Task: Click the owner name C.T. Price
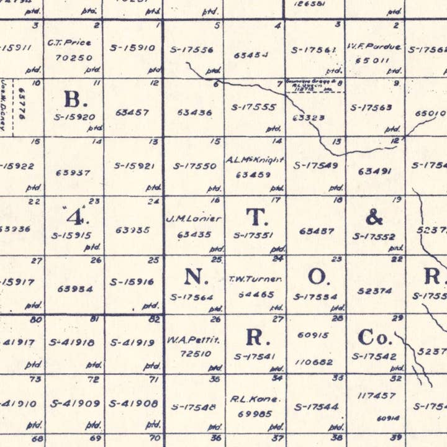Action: coord(69,43)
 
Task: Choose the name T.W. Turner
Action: coord(255,279)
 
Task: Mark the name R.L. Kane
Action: coord(255,399)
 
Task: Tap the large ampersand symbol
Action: coord(374,217)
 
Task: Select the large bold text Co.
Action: coord(375,337)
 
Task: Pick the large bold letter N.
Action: coord(195,277)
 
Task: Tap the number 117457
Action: coord(376,395)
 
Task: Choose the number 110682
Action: coord(315,361)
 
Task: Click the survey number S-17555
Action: coord(253,107)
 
